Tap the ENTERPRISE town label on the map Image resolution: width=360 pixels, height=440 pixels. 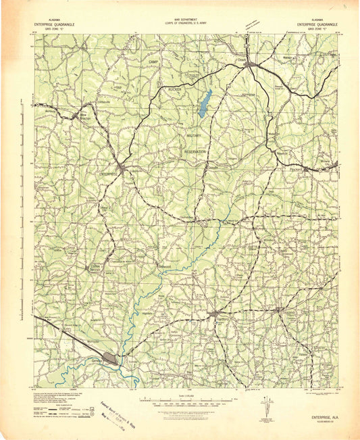109,174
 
